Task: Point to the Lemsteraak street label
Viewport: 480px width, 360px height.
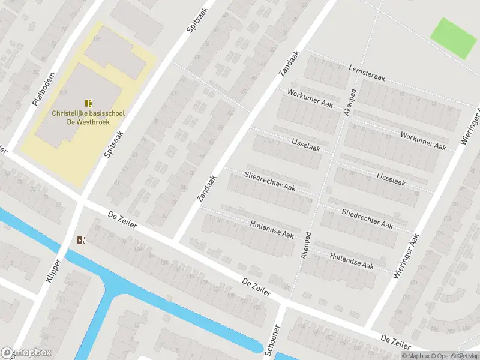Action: coord(367,74)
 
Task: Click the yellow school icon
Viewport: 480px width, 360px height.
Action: coord(88,103)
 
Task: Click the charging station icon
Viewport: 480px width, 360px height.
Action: coord(81,241)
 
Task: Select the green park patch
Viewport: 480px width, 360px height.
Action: coord(454,38)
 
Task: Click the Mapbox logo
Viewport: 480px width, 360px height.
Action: coord(26,353)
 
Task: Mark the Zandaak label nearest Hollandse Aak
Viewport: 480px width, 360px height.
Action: coord(206,188)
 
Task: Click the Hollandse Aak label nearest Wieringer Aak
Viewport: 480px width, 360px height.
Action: coord(352,260)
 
